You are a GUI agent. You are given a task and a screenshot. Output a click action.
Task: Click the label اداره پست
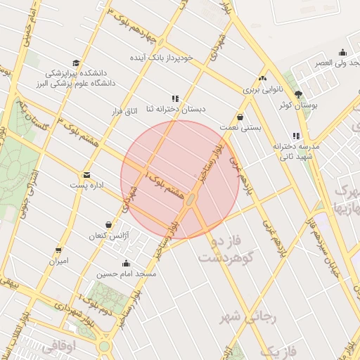(x=86, y=186)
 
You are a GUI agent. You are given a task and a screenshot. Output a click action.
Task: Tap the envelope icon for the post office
(x=86, y=174)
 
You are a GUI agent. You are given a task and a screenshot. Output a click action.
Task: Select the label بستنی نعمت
(x=242, y=129)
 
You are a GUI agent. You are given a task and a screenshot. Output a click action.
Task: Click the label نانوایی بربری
(x=262, y=90)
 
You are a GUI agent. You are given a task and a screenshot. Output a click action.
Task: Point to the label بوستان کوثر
(x=299, y=105)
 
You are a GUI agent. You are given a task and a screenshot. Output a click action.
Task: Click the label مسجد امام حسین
(x=127, y=274)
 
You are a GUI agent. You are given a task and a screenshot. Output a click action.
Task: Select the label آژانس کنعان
(x=107, y=236)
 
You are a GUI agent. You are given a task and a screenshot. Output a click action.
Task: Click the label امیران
(x=58, y=261)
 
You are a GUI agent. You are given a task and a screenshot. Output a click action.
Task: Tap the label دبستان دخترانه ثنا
(x=174, y=110)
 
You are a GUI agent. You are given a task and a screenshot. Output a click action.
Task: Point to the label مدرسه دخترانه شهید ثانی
(x=295, y=150)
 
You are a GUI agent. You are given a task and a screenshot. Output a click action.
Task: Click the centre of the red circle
(x=180, y=180)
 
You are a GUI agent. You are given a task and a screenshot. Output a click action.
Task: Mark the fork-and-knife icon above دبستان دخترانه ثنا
(x=174, y=98)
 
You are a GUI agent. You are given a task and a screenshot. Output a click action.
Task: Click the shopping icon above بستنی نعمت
(x=241, y=117)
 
